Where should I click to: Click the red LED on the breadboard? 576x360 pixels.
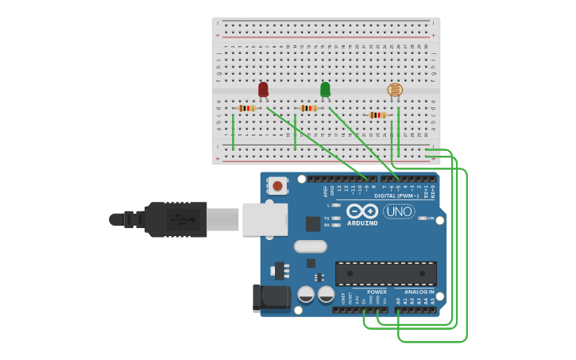(263, 89)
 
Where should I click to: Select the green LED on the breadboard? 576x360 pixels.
(325, 89)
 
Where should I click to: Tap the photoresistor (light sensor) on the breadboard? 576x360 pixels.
(395, 91)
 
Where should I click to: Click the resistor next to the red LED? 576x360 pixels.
(246, 108)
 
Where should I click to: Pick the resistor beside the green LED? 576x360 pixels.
(308, 108)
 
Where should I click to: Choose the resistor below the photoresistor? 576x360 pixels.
(377, 115)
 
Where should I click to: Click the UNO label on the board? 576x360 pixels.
(399, 211)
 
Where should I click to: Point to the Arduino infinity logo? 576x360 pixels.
(361, 211)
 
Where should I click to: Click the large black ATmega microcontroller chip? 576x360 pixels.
(385, 273)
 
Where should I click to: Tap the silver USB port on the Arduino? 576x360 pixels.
(265, 219)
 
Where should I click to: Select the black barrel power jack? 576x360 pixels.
(271, 299)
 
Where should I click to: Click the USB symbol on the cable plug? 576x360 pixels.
(184, 219)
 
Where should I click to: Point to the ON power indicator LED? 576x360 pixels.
(422, 218)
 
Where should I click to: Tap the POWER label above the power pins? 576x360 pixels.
(377, 292)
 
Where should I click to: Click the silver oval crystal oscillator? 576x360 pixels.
(310, 246)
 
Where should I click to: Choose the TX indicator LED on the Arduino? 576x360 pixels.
(337, 218)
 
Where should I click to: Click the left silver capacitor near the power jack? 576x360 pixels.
(306, 295)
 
